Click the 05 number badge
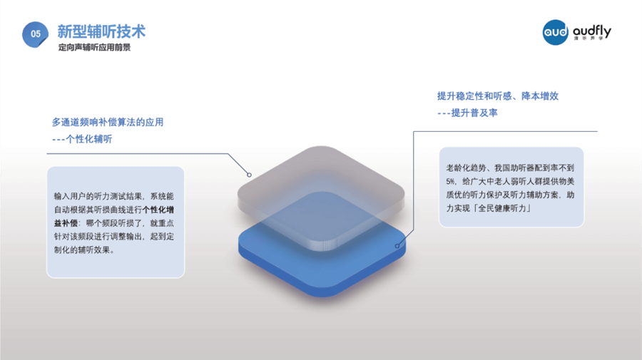point(36,34)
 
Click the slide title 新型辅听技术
point(101,31)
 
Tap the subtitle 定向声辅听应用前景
point(94,48)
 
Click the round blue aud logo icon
point(556,32)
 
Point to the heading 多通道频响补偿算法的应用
point(108,122)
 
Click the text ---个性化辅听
point(82,139)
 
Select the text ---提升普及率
point(467,113)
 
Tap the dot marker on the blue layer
point(398,245)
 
